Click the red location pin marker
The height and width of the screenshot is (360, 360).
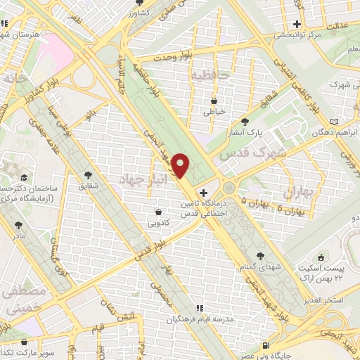[x=181, y=165]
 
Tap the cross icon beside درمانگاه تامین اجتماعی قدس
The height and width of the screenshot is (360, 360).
[x=203, y=193]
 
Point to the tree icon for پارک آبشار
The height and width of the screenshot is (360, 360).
[x=245, y=121]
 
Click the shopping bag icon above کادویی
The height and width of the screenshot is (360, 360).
[x=159, y=211]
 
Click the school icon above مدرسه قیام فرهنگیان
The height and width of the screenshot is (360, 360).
[x=199, y=308]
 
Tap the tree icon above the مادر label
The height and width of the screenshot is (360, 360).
[x=18, y=225]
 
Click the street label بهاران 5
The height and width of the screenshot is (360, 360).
[x=234, y=201]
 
